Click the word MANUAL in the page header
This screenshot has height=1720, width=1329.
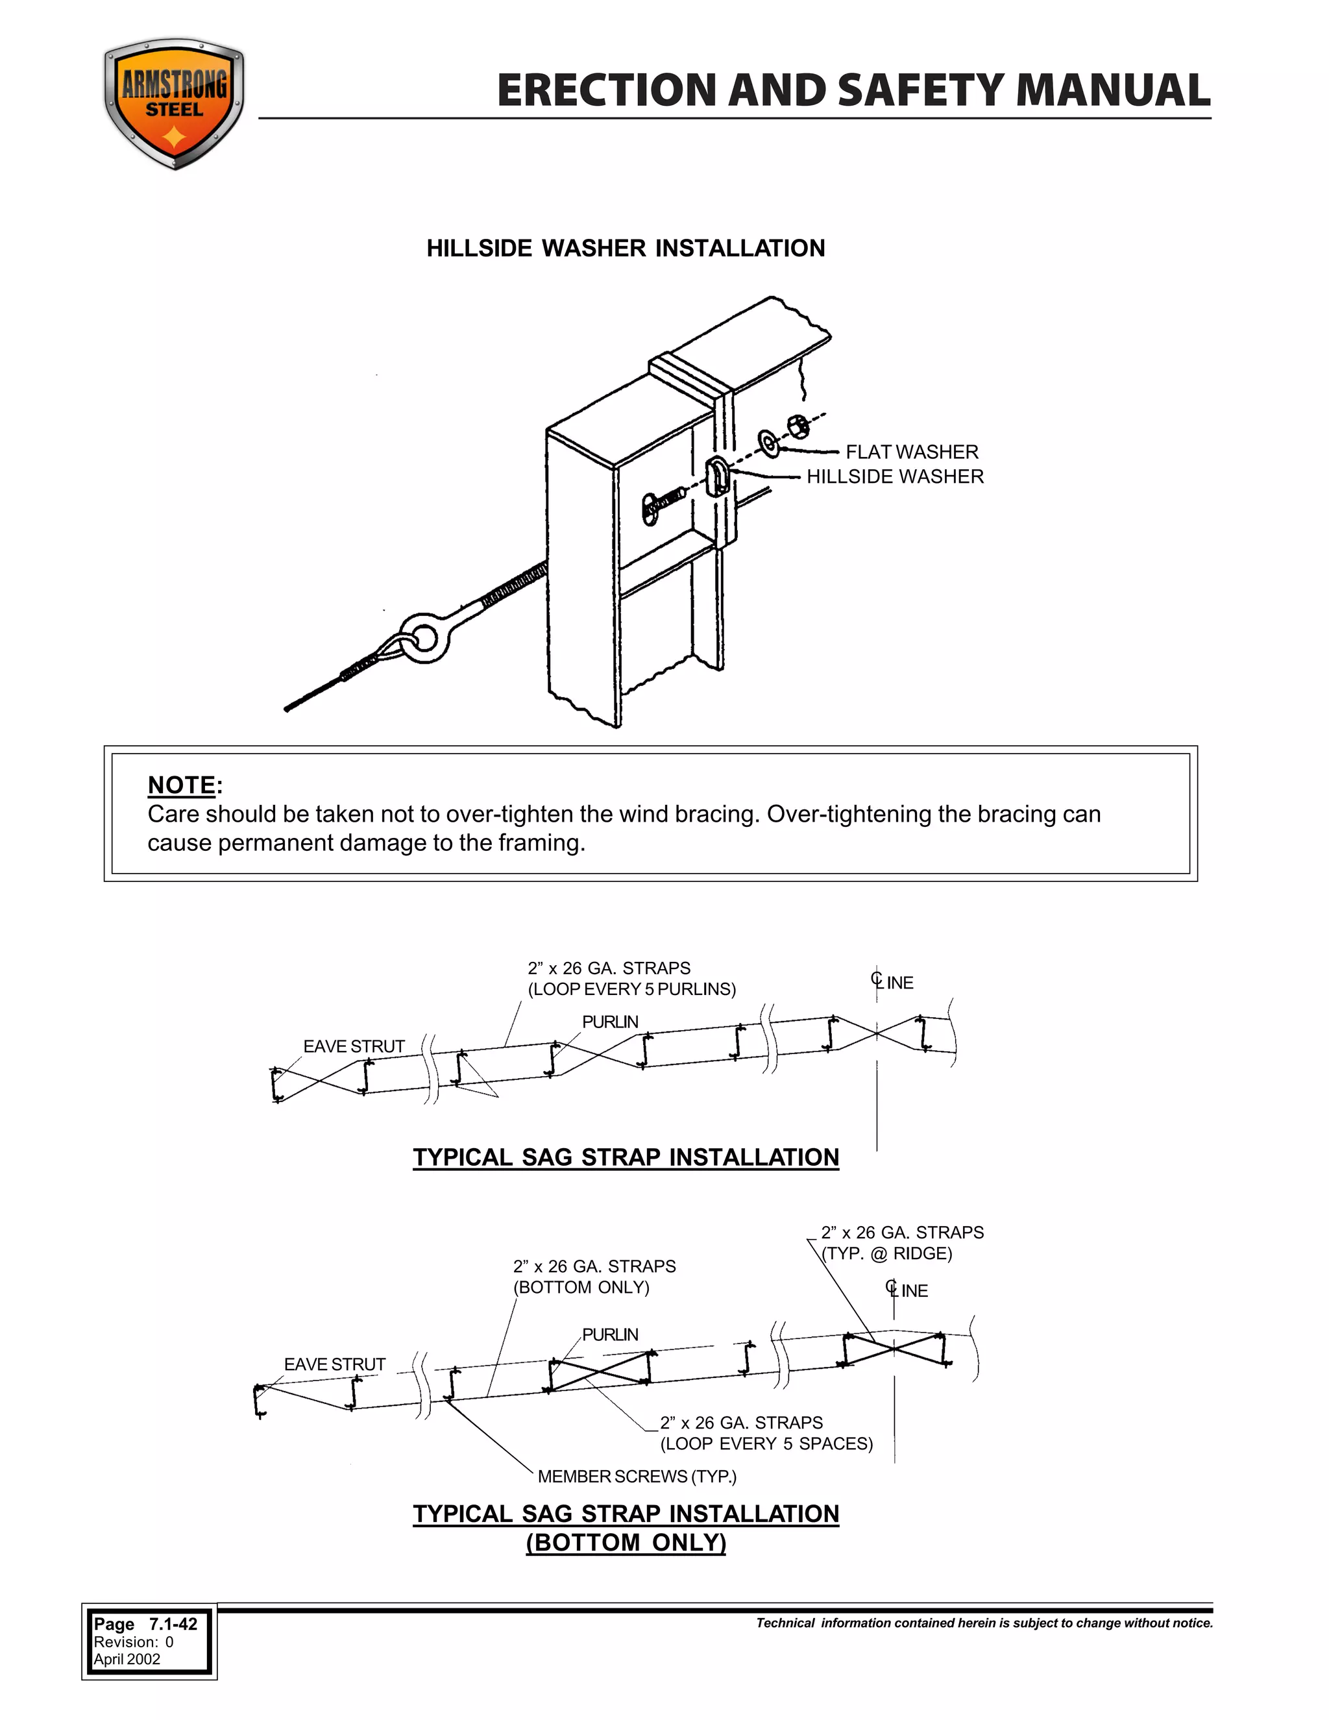tap(1112, 91)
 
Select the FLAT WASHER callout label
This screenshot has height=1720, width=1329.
tap(911, 452)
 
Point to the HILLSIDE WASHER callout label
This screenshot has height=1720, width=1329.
tap(894, 476)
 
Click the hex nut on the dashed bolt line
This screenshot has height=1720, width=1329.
tap(798, 426)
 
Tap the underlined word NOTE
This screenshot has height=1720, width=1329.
tap(181, 785)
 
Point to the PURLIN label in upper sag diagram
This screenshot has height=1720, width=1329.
tap(609, 1022)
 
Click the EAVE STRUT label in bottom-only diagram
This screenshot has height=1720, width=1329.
tap(335, 1364)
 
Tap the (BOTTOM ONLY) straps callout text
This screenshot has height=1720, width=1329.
tap(581, 1287)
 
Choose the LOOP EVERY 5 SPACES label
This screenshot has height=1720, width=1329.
tap(766, 1444)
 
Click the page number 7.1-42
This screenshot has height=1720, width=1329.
tap(173, 1624)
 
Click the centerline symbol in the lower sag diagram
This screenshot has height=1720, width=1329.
tap(892, 1288)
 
